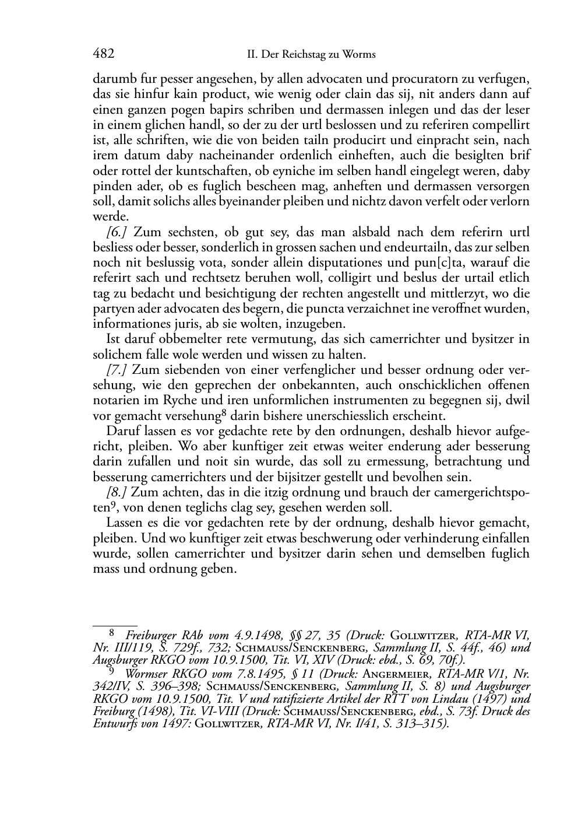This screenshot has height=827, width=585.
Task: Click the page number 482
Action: click(x=103, y=54)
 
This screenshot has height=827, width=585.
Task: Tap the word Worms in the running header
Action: click(x=361, y=55)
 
